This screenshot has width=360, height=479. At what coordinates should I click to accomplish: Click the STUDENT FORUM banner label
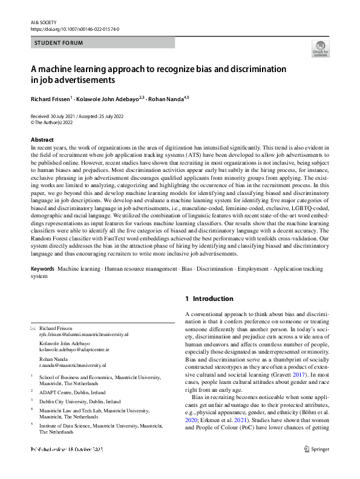click(x=59, y=43)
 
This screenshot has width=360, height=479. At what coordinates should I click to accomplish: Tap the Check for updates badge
click(x=320, y=49)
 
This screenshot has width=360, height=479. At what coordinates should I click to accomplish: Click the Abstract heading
click(x=42, y=140)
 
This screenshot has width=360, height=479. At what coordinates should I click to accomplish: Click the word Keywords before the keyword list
click(x=43, y=267)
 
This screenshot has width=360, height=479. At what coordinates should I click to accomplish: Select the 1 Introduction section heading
click(x=209, y=299)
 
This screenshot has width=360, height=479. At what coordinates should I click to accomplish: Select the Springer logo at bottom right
click(x=316, y=466)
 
